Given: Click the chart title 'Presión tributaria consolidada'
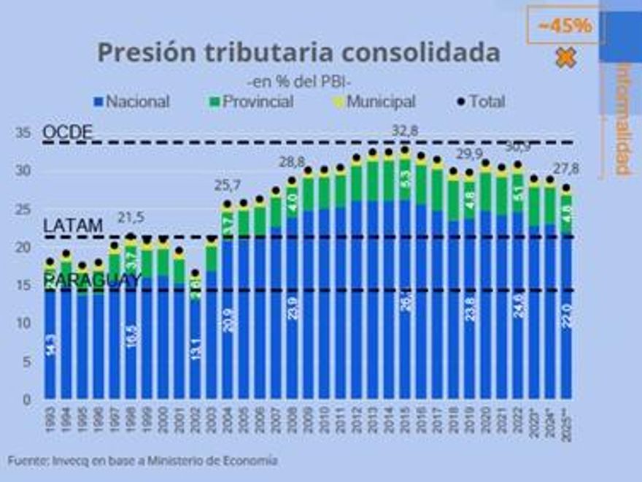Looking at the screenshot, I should [x=298, y=52].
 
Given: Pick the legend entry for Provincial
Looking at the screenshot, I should [x=251, y=102].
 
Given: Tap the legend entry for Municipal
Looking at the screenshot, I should [x=374, y=102].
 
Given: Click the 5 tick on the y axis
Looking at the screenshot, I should [x=27, y=361].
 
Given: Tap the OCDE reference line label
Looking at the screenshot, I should [x=67, y=133].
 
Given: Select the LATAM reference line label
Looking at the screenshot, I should [x=72, y=226].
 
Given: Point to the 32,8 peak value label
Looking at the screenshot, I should [x=405, y=130].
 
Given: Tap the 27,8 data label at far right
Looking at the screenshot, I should [x=566, y=169].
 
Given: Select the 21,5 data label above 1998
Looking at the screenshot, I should [x=131, y=218].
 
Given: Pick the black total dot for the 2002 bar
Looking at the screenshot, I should [x=196, y=273].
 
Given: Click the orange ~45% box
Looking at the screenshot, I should [x=563, y=26].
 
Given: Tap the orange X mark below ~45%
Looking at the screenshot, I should [x=565, y=58].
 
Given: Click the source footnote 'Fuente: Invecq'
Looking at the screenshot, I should [x=142, y=460].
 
